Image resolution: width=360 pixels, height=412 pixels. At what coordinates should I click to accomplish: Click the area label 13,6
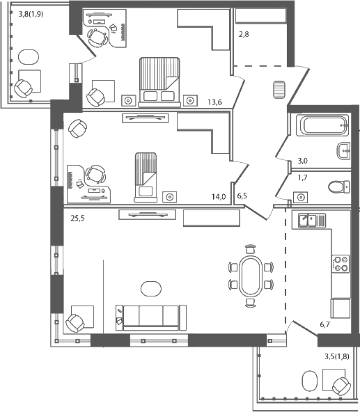point(214,103)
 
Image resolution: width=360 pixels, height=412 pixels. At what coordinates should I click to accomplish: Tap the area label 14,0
point(219,197)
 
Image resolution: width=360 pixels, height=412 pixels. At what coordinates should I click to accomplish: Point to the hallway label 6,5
point(242,197)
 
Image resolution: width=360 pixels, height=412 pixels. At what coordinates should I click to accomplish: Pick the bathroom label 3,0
point(302,161)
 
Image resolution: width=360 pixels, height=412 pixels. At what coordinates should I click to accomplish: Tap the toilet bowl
point(338,187)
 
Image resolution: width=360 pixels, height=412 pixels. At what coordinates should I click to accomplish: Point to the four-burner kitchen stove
point(341,263)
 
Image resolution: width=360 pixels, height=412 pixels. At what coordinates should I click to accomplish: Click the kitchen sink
point(307,221)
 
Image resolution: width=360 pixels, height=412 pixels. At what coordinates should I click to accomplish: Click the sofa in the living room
point(150,316)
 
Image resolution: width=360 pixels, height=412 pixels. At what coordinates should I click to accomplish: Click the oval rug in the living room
point(150,287)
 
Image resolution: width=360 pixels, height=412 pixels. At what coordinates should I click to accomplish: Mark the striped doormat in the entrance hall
point(279,90)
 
